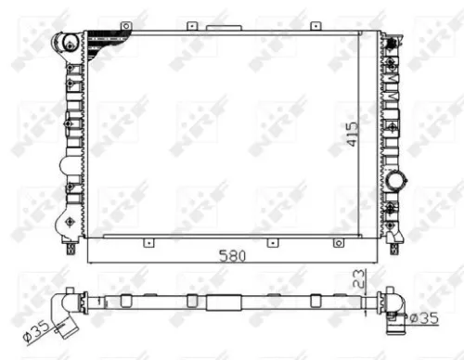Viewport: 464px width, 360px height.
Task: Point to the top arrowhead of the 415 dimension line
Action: pyautogui.click(x=363, y=34)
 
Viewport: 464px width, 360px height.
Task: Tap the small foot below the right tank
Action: pyautogui.click(x=395, y=247)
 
